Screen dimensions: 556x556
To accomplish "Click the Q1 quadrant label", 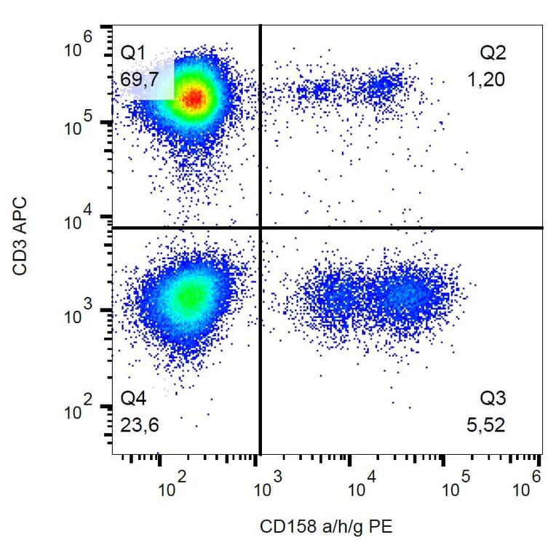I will coord(133,52).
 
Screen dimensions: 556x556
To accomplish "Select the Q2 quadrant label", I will coord(492,52).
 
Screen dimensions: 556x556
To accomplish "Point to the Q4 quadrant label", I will coord(133,399).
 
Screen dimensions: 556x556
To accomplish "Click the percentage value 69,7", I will coord(138,79).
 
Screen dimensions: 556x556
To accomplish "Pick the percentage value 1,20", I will coord(486,79).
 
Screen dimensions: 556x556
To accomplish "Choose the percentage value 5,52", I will coord(486,425).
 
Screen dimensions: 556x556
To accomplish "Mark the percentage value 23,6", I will coord(138,425).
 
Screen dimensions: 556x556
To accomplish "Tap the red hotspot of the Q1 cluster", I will coord(194,98).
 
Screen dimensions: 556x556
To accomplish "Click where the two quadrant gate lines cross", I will coord(260,228).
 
